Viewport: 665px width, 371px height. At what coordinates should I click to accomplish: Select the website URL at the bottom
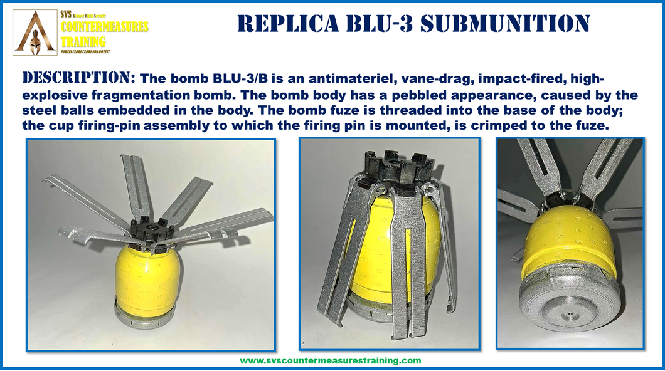(331, 361)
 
